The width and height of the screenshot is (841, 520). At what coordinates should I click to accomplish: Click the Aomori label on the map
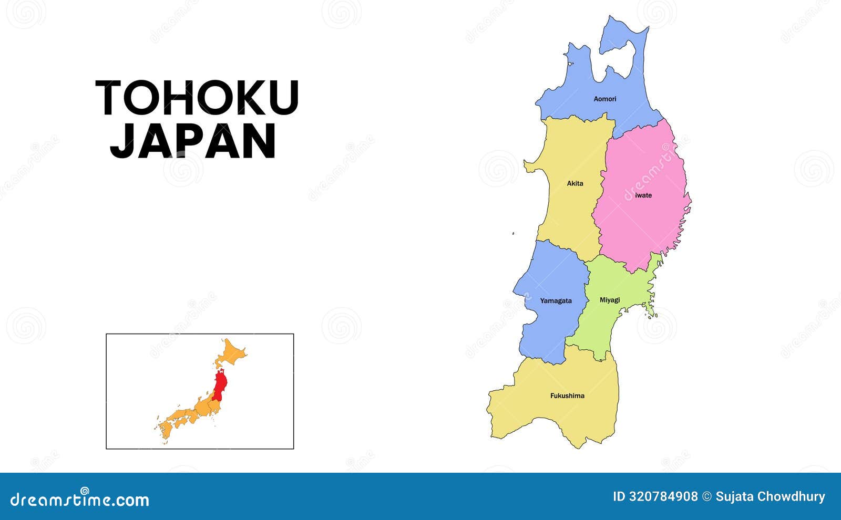(x=604, y=99)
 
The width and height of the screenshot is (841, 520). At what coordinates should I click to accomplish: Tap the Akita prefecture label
(x=575, y=183)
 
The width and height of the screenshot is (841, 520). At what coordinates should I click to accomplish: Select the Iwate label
(x=643, y=195)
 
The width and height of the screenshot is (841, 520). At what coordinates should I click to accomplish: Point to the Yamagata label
(x=556, y=301)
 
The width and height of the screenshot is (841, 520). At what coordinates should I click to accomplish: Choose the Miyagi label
(x=610, y=300)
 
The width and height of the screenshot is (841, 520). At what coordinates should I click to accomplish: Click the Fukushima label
(x=567, y=396)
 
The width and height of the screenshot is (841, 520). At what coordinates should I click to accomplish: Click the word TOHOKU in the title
(x=197, y=98)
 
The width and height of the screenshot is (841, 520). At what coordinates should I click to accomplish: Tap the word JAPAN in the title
(x=193, y=141)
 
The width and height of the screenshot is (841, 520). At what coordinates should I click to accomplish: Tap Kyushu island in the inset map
(x=166, y=431)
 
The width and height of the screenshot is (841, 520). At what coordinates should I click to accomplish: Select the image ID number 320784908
(x=663, y=496)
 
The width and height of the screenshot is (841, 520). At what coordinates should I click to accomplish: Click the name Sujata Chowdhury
(x=770, y=496)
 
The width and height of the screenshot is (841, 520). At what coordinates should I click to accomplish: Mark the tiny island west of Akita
(x=513, y=234)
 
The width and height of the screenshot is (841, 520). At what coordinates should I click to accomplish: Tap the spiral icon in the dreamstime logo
(x=84, y=491)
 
